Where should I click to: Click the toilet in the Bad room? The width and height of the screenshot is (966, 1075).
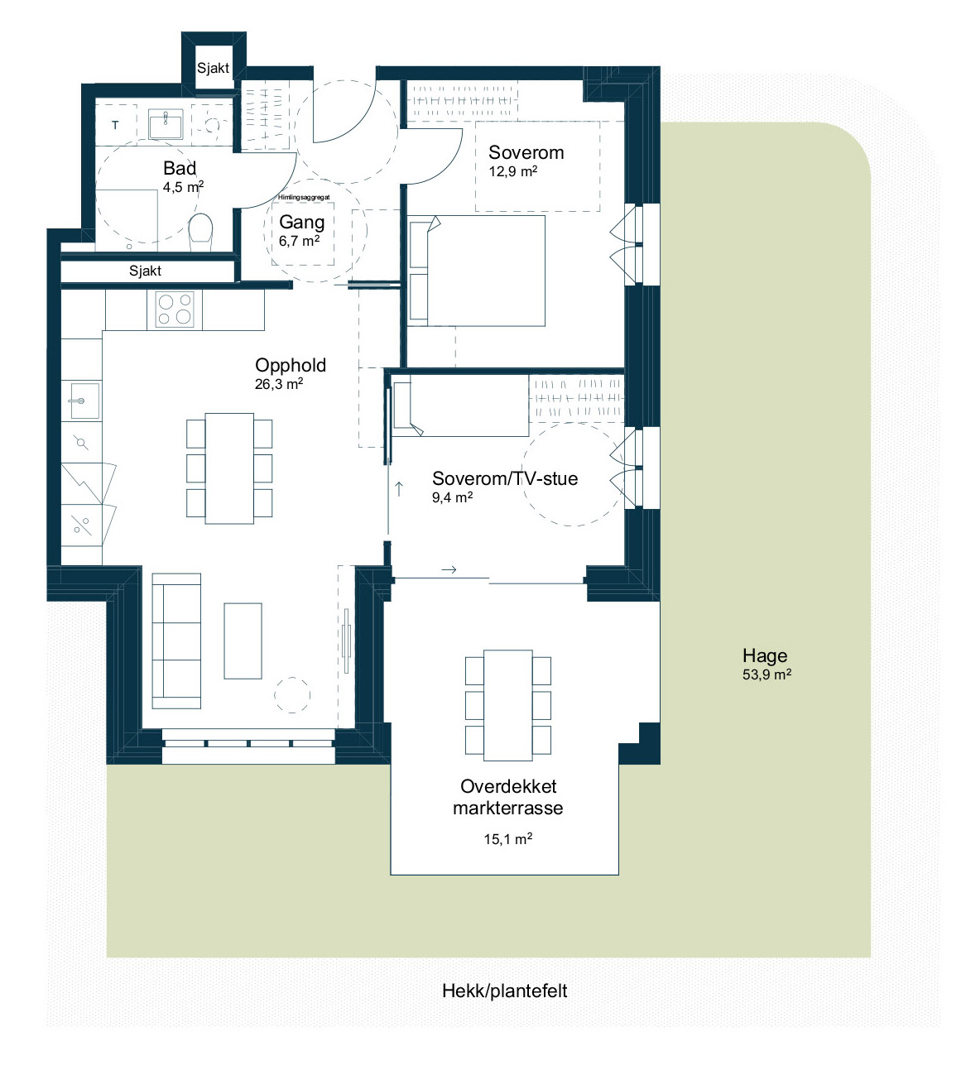pos(200,232)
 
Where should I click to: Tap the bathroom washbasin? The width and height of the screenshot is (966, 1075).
pos(166,124)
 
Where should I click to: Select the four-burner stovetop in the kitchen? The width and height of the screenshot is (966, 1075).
pos(175,309)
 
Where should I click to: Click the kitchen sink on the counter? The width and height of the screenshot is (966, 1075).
pos(84,401)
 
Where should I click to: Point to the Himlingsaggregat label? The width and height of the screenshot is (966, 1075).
pos(304,198)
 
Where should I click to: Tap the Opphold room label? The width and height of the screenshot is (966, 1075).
pos(291,365)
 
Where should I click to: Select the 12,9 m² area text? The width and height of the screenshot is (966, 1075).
pos(512,171)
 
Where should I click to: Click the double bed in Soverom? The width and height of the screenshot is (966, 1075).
pos(476,271)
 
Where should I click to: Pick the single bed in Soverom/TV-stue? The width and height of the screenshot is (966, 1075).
pos(460,406)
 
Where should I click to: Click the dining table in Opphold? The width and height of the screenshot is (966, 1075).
pos(229,468)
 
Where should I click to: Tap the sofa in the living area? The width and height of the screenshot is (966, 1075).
pos(176,641)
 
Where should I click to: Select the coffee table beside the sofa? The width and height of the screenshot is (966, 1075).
pos(243,641)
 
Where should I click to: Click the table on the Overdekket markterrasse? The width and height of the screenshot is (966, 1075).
pos(508,705)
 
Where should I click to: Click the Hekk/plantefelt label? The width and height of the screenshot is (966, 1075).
pos(505,991)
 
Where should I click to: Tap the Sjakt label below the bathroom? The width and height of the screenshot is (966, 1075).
pos(145,271)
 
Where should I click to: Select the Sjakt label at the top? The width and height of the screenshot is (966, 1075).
pos(213,68)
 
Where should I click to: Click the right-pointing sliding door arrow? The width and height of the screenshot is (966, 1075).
pos(449,570)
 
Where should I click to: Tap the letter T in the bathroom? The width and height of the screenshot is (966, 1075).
pos(115,125)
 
